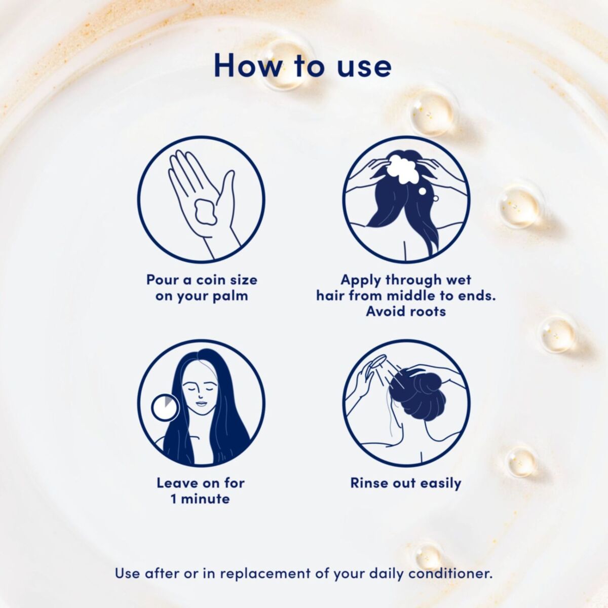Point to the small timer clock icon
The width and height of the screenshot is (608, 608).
[x=165, y=407]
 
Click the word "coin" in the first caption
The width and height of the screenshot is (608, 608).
[x=209, y=280]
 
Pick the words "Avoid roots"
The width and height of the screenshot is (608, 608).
[x=406, y=312]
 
